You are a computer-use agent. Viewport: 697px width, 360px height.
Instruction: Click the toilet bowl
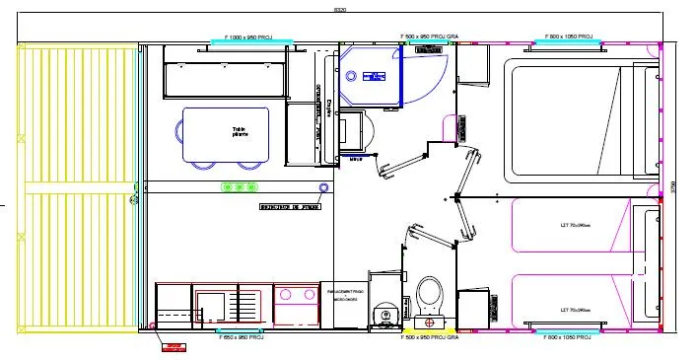(429, 293)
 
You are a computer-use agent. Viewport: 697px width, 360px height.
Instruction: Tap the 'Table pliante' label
(241, 131)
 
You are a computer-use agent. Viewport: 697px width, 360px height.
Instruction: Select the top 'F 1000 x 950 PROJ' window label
(251, 36)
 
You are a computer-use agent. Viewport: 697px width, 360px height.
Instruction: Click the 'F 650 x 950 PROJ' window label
(237, 337)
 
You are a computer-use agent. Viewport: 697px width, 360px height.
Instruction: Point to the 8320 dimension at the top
(340, 11)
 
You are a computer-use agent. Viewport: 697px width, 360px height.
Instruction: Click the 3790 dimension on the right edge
(673, 184)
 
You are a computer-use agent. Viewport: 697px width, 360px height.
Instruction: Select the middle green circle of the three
(240, 187)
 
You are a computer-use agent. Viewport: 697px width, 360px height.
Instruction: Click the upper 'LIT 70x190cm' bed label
(575, 225)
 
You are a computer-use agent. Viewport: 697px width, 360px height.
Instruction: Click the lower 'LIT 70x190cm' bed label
(575, 310)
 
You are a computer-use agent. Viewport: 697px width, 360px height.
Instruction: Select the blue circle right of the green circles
(323, 186)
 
